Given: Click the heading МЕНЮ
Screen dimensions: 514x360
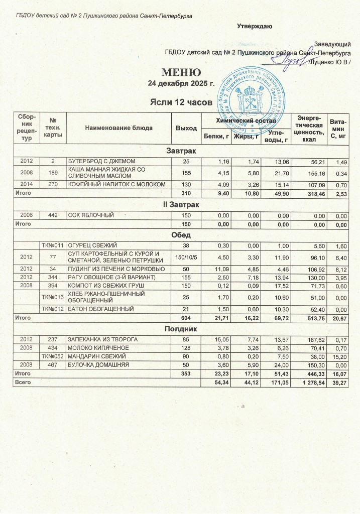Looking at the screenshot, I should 181,73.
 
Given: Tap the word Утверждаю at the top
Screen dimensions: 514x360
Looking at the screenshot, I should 255,26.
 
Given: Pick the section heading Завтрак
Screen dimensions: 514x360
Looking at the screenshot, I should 181,151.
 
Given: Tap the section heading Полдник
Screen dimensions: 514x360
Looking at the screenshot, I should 181,328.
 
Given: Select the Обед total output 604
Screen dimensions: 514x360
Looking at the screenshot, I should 186,318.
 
